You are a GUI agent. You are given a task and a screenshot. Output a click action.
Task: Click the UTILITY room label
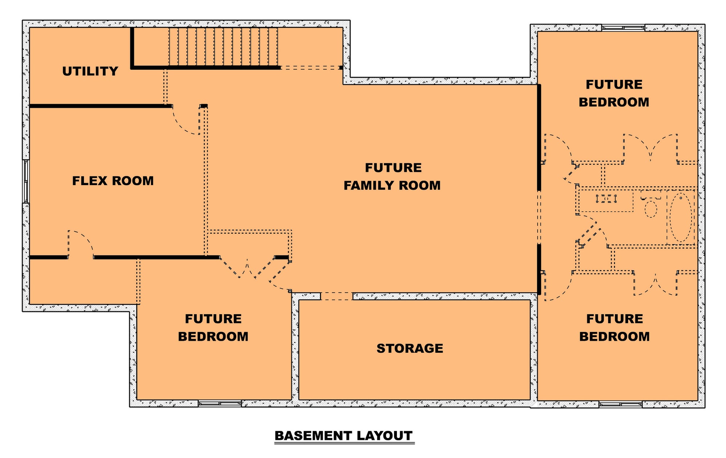[90, 71]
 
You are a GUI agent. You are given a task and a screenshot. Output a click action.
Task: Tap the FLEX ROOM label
[113, 181]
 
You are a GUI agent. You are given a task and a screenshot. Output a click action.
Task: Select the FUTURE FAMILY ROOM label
[392, 176]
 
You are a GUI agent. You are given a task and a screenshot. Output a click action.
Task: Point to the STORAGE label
[410, 348]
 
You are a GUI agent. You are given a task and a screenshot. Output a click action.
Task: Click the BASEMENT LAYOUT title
[344, 435]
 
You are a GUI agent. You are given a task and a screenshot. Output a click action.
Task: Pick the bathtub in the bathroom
[681, 217]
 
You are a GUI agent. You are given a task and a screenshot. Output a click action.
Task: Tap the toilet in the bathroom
[650, 205]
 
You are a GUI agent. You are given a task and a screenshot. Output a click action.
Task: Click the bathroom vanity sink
[606, 199]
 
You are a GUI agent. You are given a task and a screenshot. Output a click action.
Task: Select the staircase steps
[223, 47]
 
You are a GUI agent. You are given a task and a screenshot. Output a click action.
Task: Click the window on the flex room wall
[26, 181]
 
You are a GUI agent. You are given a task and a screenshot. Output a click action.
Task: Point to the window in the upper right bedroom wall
[623, 28]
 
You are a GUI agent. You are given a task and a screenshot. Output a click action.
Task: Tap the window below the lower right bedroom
[620, 404]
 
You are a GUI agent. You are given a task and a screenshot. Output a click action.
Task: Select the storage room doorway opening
[337, 297]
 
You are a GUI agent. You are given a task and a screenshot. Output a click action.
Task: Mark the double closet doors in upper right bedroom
[650, 148]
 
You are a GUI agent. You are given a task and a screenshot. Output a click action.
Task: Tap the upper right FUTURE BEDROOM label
[614, 93]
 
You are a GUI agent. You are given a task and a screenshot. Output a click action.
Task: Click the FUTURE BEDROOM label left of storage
[213, 328]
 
